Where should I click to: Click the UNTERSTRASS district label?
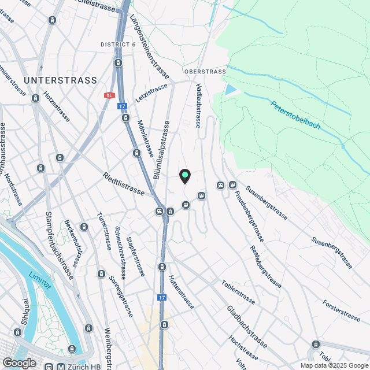tap(60, 80)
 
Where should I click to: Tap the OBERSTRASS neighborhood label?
tap(205, 72)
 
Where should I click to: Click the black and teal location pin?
tap(185, 176)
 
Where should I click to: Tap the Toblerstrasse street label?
tap(238, 292)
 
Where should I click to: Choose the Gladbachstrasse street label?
tap(246, 327)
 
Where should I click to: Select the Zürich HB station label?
tap(81, 367)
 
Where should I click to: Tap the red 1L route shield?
tap(110, 95)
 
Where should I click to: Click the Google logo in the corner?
tap(18, 362)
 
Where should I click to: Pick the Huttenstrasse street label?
tap(180, 291)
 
